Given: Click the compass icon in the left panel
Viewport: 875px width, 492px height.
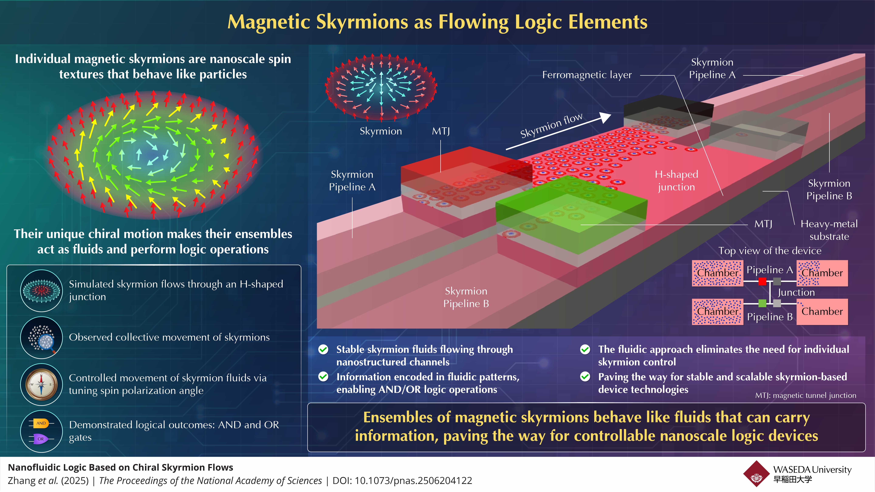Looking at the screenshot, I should [41, 384].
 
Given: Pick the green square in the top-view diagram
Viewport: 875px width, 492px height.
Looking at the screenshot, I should [762, 303].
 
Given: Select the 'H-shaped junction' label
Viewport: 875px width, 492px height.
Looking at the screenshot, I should [676, 181].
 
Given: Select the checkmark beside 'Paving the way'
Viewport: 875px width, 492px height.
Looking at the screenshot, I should [585, 377].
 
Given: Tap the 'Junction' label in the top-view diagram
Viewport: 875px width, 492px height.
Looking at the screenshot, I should [796, 292].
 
